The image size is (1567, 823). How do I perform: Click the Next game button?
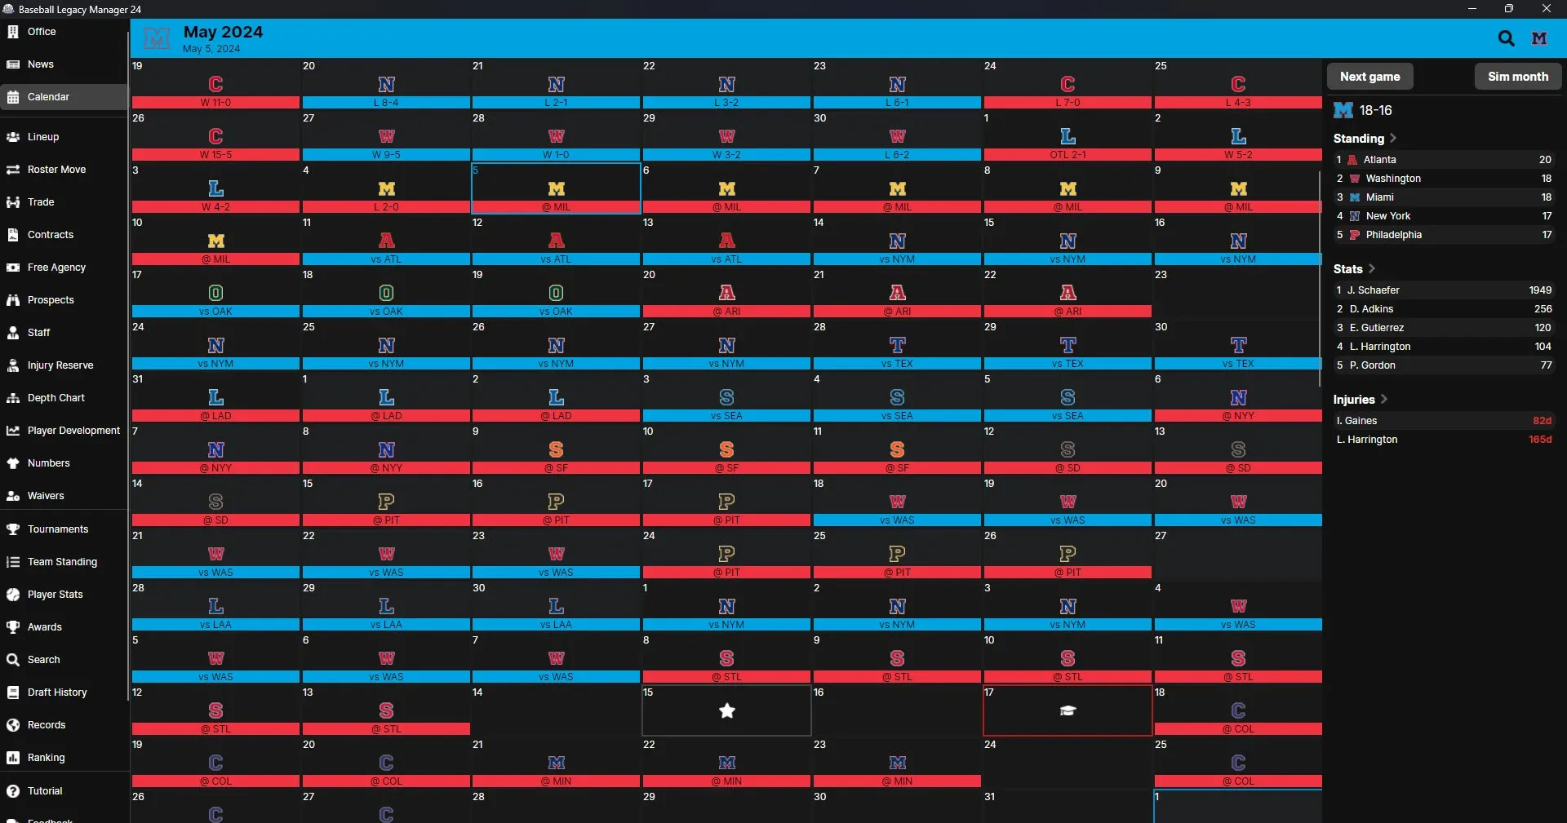click(1369, 77)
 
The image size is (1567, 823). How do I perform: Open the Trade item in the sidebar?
click(41, 202)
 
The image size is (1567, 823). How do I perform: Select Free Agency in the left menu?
click(56, 268)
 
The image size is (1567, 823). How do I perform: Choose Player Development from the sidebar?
click(73, 431)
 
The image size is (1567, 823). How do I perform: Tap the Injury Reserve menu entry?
click(60, 365)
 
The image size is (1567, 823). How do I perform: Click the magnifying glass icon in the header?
click(1506, 38)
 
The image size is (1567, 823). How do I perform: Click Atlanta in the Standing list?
click(1379, 160)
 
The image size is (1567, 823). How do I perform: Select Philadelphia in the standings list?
click(1393, 235)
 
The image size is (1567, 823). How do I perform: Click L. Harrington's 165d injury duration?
click(1539, 440)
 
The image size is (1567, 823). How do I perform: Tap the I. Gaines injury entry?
click(1356, 421)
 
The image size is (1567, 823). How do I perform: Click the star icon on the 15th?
click(726, 711)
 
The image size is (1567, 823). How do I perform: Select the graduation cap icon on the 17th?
click(1068, 711)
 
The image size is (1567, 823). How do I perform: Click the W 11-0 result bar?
click(215, 103)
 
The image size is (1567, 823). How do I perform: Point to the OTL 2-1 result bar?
click(1068, 155)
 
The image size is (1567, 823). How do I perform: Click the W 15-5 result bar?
click(215, 155)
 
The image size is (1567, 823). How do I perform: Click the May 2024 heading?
click(223, 32)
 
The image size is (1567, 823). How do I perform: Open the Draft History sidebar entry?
click(57, 692)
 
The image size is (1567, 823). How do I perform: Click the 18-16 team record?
click(1375, 110)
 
